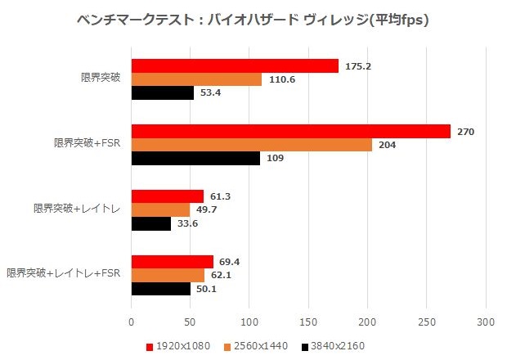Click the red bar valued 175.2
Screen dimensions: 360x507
(235, 66)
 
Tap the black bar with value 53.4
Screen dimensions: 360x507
(163, 92)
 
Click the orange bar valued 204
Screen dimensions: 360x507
(252, 145)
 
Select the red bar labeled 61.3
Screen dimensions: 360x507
(168, 196)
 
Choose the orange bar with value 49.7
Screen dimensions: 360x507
(161, 209)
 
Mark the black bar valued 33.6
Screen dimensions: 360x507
(151, 223)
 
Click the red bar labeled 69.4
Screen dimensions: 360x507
(173, 262)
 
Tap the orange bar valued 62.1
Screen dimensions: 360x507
(168, 275)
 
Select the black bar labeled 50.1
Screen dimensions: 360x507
(161, 288)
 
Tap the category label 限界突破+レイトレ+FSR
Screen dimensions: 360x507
(64, 273)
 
